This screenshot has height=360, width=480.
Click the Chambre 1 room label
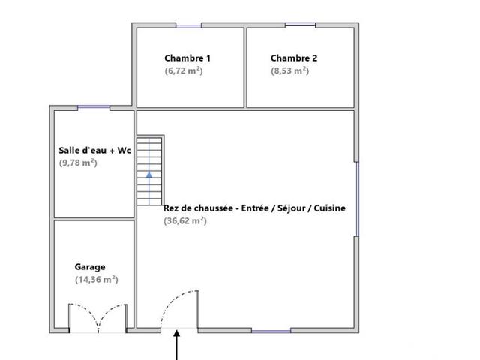187,58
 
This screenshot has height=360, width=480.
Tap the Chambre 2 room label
294,58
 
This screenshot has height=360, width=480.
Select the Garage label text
90,267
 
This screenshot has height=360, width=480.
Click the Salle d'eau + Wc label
95,151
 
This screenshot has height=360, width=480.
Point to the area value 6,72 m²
184,70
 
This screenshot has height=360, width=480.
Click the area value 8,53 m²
290,70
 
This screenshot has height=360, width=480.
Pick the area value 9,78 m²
78,163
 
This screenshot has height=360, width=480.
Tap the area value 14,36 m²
97,280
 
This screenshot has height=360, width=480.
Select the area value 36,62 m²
185,220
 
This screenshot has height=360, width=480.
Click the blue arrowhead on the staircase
149,175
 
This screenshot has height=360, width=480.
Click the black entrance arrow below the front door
177,345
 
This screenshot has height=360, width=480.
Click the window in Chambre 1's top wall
188,26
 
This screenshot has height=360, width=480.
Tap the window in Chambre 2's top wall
300,25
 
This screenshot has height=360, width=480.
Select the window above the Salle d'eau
94,107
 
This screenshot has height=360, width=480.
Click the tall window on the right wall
357,199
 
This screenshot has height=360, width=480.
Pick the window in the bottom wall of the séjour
271,331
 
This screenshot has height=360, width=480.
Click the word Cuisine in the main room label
330,208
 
